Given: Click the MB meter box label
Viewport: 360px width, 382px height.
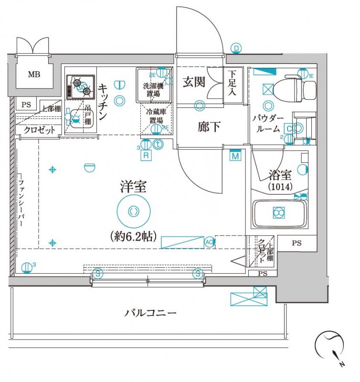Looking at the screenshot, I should pos(33,74).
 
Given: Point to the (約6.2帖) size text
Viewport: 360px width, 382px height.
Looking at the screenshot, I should pos(133,236).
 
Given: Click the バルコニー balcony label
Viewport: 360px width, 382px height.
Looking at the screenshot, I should pos(150,313).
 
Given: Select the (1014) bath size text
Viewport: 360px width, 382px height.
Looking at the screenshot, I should pos(280,187).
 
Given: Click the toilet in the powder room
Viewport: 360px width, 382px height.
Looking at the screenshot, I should pos(300,89).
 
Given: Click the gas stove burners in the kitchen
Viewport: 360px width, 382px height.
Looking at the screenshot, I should pos(81,86).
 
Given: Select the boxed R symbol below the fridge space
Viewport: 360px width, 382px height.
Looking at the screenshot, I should pos(146,155).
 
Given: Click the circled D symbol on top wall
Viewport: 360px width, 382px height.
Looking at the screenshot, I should pos(236,48).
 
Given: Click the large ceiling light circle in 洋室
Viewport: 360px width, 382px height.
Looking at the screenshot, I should pos(133,211).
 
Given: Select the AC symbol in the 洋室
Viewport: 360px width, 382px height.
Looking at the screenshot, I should pos(209,242).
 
